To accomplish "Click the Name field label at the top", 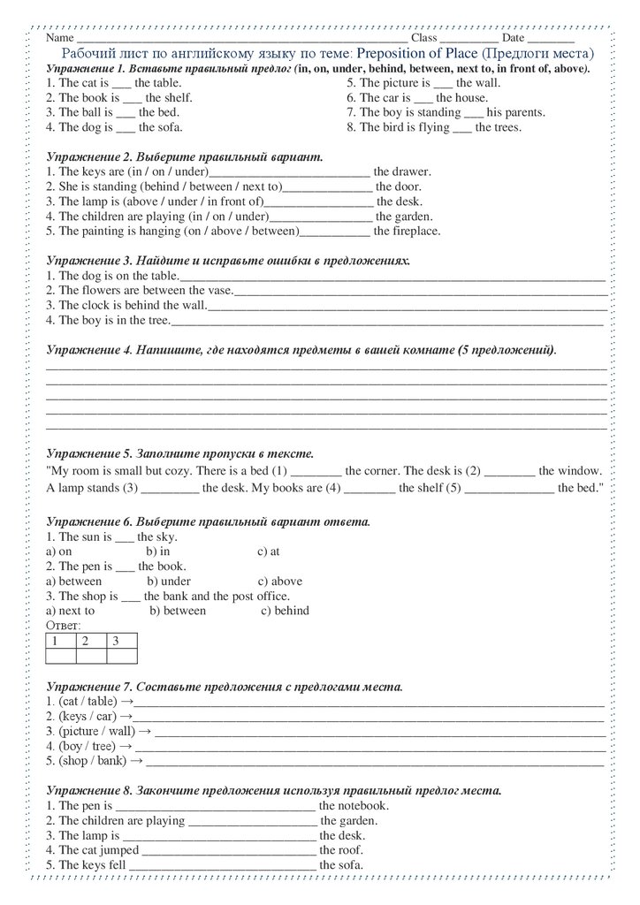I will (x=59, y=39).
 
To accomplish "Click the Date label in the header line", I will (x=514, y=39).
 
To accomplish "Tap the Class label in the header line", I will (x=423, y=39).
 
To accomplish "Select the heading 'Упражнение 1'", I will (x=86, y=68).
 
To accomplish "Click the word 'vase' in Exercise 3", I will (x=219, y=290).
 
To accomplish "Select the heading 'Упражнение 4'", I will (x=87, y=350).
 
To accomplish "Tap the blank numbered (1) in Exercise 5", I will (x=315, y=472).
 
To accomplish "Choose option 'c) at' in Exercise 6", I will (x=269, y=551).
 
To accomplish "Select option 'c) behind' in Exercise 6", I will (x=285, y=611).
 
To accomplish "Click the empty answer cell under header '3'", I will (x=122, y=656).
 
